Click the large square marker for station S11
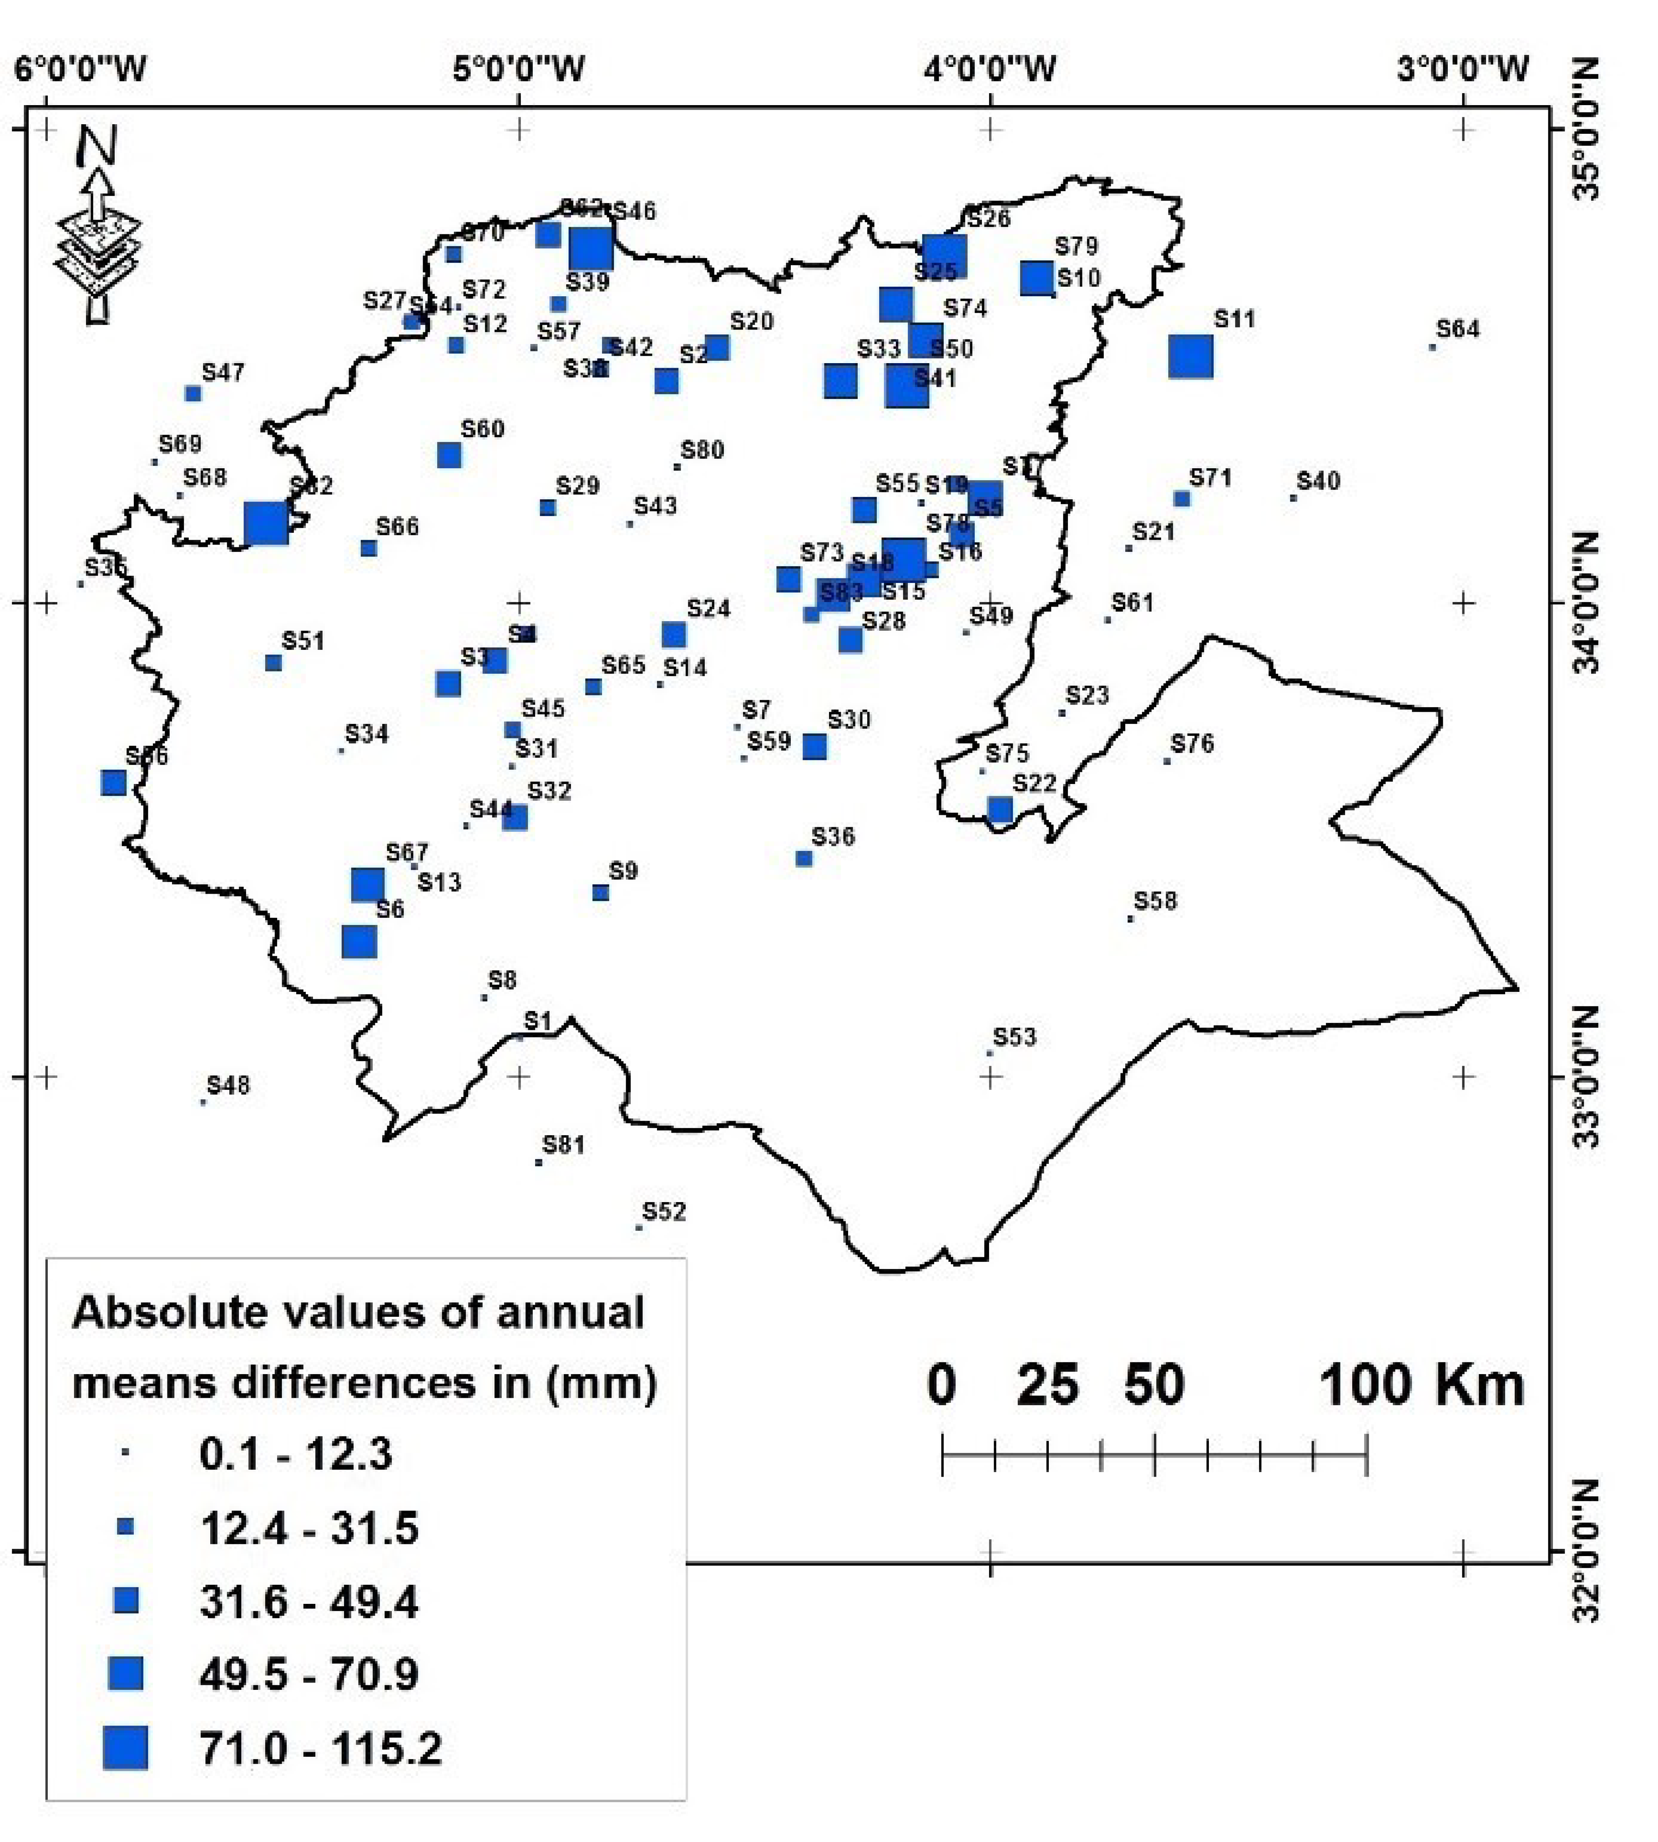(x=1190, y=356)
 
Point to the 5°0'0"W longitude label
(x=518, y=69)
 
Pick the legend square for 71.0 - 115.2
(x=125, y=1747)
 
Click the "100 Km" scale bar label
(x=1421, y=1386)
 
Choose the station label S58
(x=1155, y=901)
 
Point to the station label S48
(x=228, y=1085)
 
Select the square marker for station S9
(x=600, y=893)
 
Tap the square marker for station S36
(x=803, y=858)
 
